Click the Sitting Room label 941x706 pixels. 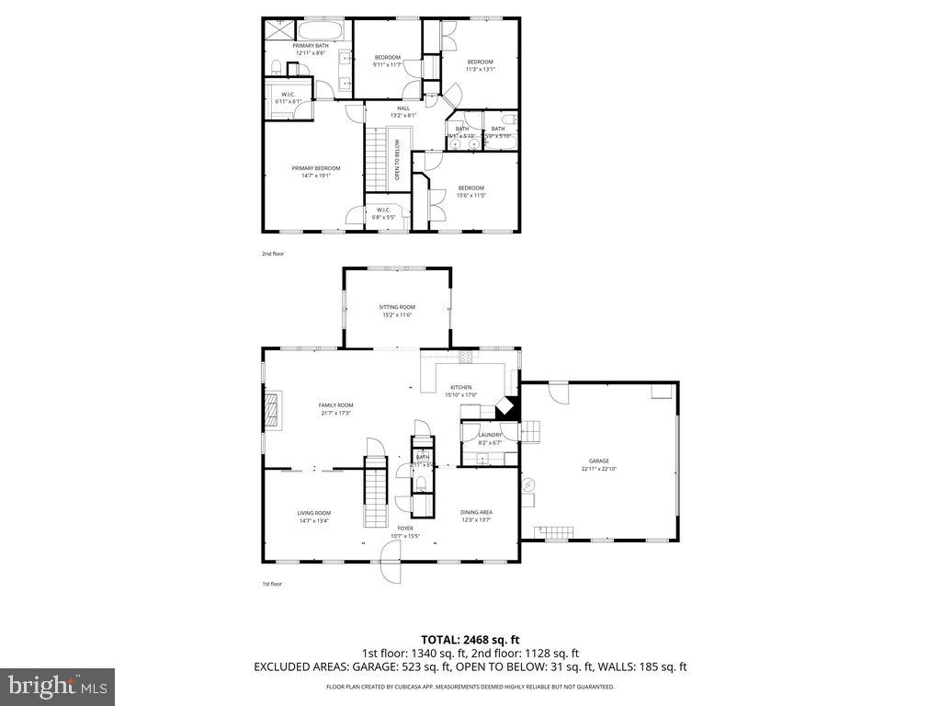coord(397,311)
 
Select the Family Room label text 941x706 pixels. coord(335,409)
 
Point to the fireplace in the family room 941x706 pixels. coord(274,408)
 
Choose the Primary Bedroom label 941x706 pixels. coord(315,172)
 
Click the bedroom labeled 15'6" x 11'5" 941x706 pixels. coord(470,191)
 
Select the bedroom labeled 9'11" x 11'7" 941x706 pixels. coord(387,62)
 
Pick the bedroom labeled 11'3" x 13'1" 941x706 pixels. coord(480,65)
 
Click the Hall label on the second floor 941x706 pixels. coord(403,111)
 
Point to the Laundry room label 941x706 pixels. coord(489,438)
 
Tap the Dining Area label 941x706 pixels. coord(476,516)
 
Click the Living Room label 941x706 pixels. coord(313,517)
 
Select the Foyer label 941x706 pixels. coord(404,531)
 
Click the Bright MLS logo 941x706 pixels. coord(57,686)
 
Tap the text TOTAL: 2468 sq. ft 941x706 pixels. coord(470,639)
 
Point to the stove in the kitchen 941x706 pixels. coord(465,356)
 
